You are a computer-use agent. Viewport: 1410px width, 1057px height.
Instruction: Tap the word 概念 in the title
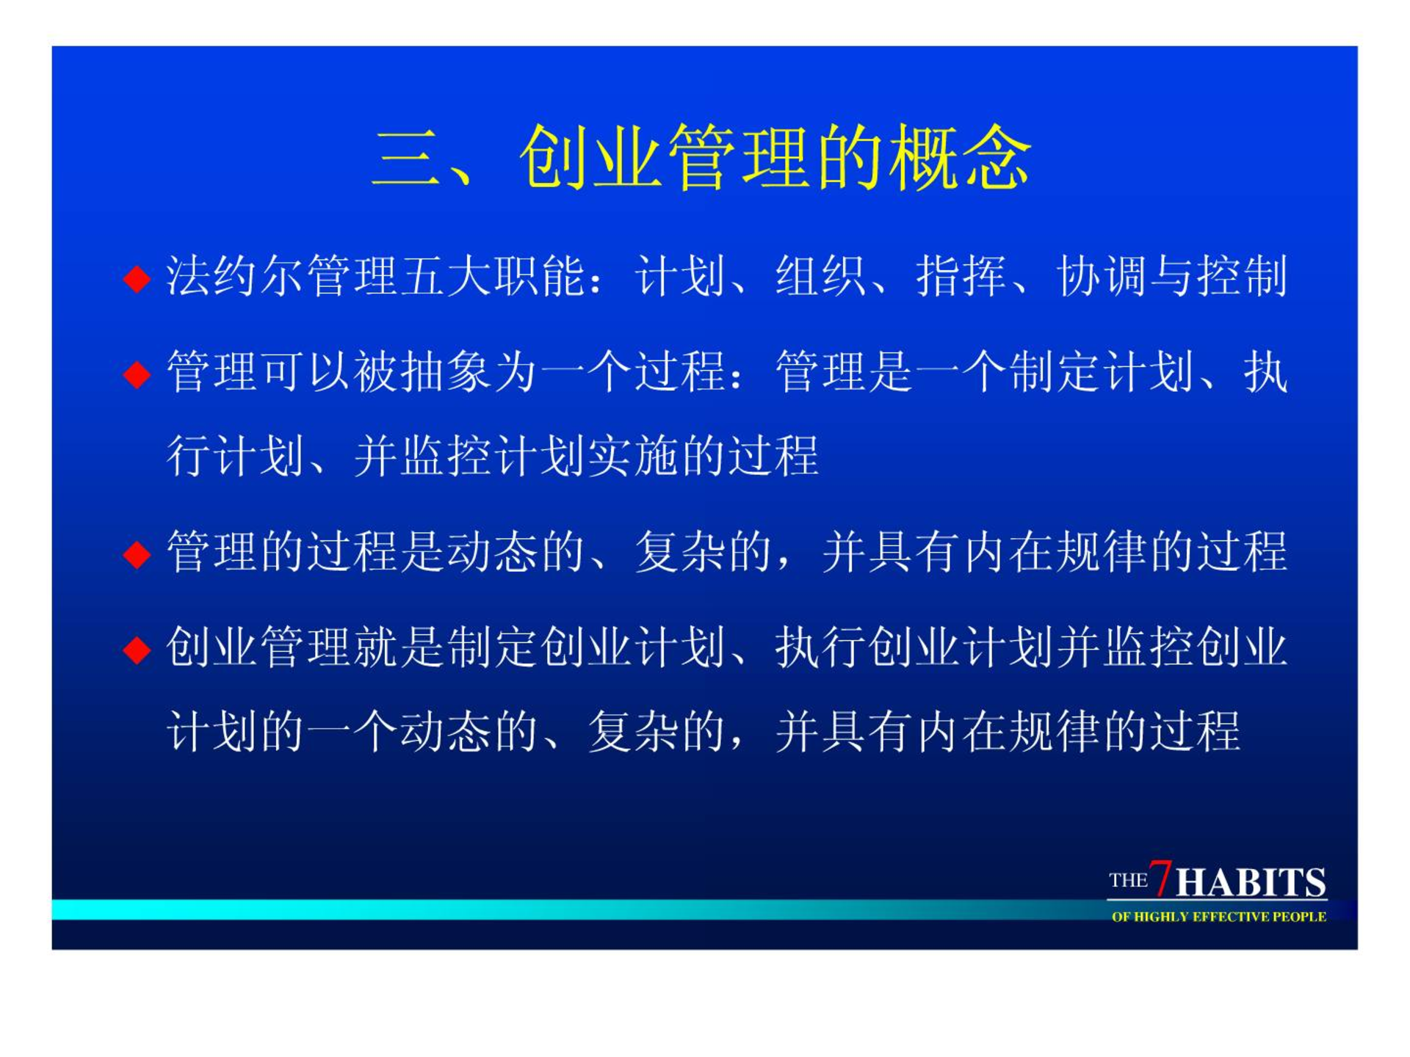click(x=960, y=157)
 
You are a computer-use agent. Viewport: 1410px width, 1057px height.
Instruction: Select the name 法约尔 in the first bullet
click(x=236, y=277)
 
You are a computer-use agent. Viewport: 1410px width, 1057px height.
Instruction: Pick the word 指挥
click(x=961, y=277)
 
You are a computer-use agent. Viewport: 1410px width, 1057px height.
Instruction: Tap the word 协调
click(x=1102, y=277)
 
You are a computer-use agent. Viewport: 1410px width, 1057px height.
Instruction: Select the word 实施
click(x=634, y=456)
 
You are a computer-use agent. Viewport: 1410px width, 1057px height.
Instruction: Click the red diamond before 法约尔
click(x=137, y=280)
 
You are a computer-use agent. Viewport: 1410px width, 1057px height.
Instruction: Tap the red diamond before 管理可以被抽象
click(x=137, y=375)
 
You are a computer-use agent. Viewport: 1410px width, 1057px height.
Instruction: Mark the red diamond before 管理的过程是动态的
click(x=137, y=555)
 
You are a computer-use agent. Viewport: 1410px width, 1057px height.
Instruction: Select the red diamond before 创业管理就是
click(x=137, y=650)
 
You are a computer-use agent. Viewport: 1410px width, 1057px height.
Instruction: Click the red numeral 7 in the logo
click(x=1160, y=877)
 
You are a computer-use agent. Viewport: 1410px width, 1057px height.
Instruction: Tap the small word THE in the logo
click(x=1128, y=880)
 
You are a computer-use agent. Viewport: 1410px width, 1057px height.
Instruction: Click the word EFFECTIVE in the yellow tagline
click(x=1231, y=917)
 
